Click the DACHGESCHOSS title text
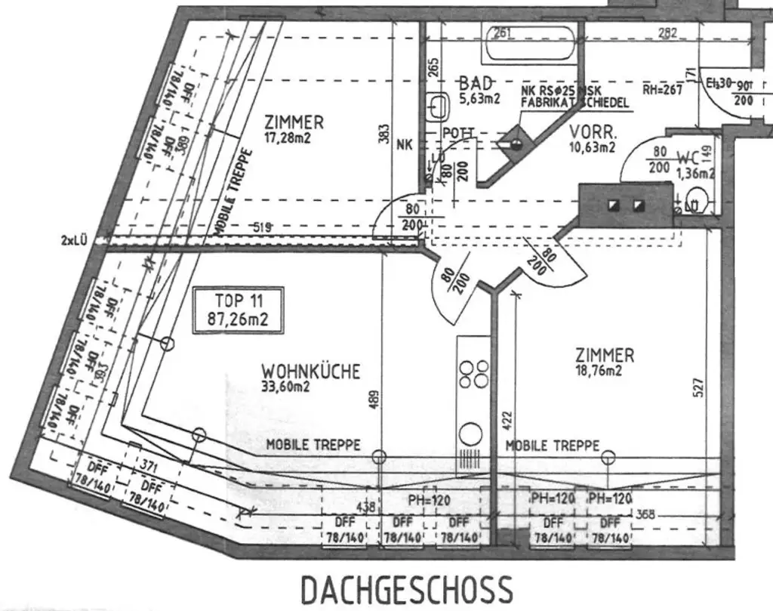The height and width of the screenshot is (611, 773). point(406,590)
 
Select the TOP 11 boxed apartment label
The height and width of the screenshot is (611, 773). point(239,310)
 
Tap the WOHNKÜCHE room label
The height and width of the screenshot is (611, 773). point(310,372)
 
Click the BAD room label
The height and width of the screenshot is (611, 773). point(476,82)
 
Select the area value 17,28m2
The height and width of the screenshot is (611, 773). point(288,137)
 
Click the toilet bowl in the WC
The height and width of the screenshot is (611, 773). point(698,201)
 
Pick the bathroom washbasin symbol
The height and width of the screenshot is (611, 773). point(437,106)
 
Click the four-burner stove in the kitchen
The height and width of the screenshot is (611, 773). point(473,375)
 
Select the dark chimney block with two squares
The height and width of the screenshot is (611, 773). point(625,205)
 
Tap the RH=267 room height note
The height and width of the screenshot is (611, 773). point(662,89)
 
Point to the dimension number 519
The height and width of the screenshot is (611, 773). point(262,227)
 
